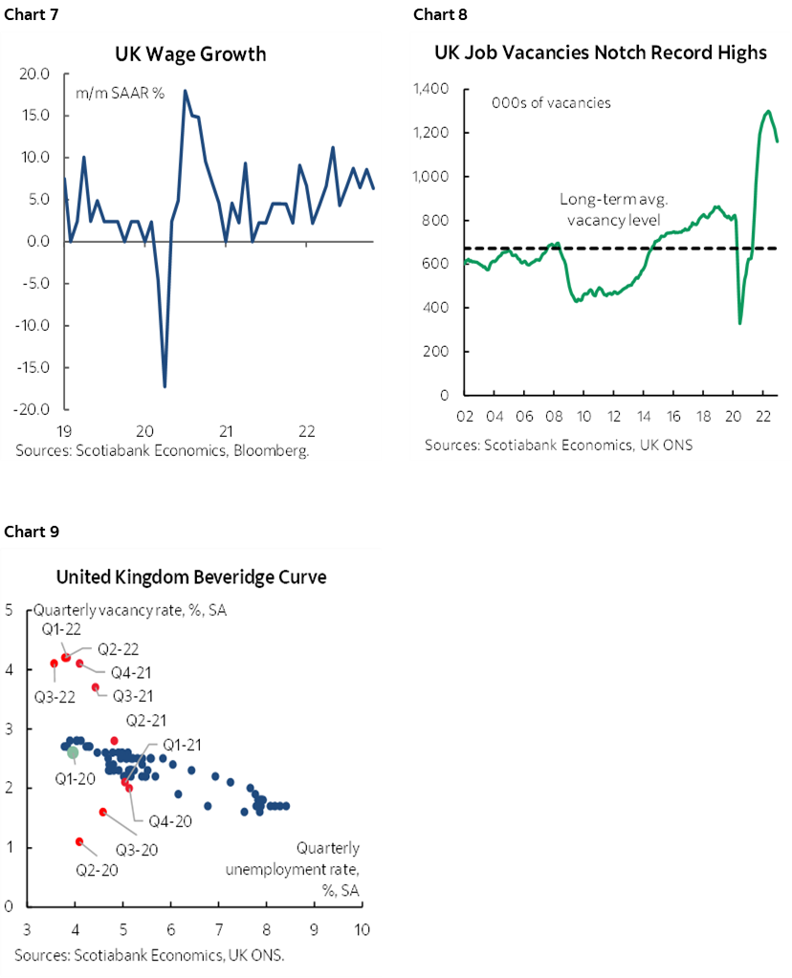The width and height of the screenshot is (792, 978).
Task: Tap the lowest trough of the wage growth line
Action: click(165, 386)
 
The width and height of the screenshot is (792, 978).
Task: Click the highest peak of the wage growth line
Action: click(185, 91)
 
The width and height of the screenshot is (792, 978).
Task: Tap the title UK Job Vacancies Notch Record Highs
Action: click(601, 53)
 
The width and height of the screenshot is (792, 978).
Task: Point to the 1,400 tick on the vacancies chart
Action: click(431, 89)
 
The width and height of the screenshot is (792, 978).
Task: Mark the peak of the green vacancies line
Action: click(768, 111)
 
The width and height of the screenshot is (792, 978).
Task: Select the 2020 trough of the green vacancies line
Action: click(739, 323)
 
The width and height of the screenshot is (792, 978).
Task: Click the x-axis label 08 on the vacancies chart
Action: click(554, 417)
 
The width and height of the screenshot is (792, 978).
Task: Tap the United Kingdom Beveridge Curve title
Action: click(191, 577)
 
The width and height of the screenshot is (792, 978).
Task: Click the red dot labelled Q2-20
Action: click(79, 841)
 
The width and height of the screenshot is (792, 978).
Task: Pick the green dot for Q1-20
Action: click(74, 752)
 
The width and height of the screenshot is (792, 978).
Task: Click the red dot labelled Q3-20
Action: click(103, 812)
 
